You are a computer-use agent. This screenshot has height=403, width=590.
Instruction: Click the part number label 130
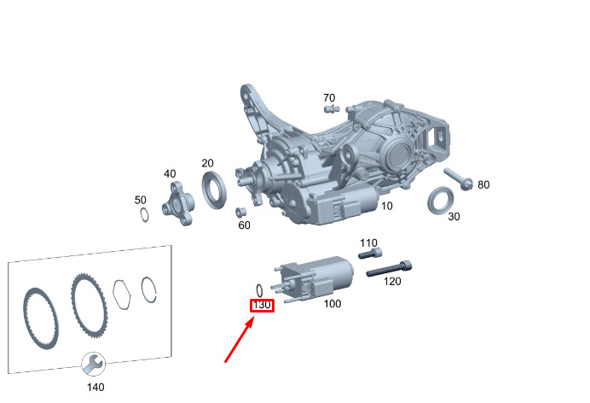tap(262, 305)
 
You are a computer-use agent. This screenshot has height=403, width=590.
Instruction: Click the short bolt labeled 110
tap(370, 253)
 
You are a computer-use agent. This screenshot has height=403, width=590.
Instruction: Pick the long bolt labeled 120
tap(389, 269)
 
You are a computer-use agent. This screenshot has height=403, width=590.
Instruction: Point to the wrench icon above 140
tap(93, 364)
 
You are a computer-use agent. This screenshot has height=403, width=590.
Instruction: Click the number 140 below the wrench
tap(95, 387)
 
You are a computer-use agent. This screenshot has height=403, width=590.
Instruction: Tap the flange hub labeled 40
tap(178, 203)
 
